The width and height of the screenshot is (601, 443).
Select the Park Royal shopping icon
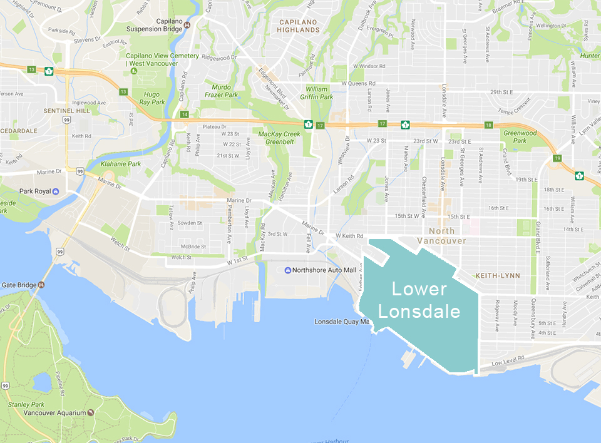point(56,191)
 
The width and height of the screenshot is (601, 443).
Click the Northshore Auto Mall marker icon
point(287,270)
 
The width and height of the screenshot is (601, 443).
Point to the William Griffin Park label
point(320,93)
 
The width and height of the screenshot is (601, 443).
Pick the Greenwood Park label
point(520,136)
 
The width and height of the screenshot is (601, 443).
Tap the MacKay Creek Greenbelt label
point(279,138)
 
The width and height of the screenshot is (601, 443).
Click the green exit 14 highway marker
point(184,115)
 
